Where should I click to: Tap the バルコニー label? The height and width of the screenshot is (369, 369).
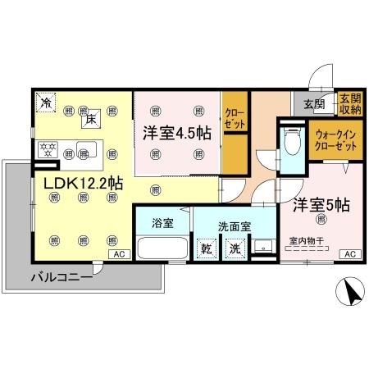pos(61,276)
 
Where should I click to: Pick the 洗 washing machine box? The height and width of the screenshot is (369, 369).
pos(235,248)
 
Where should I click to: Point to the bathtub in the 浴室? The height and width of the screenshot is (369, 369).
pos(162,248)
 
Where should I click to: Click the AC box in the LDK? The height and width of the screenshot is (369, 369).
pos(119,254)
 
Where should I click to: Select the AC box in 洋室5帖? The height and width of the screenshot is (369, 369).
pos(348,254)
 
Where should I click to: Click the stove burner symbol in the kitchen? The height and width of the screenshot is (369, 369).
pos(47,150)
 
